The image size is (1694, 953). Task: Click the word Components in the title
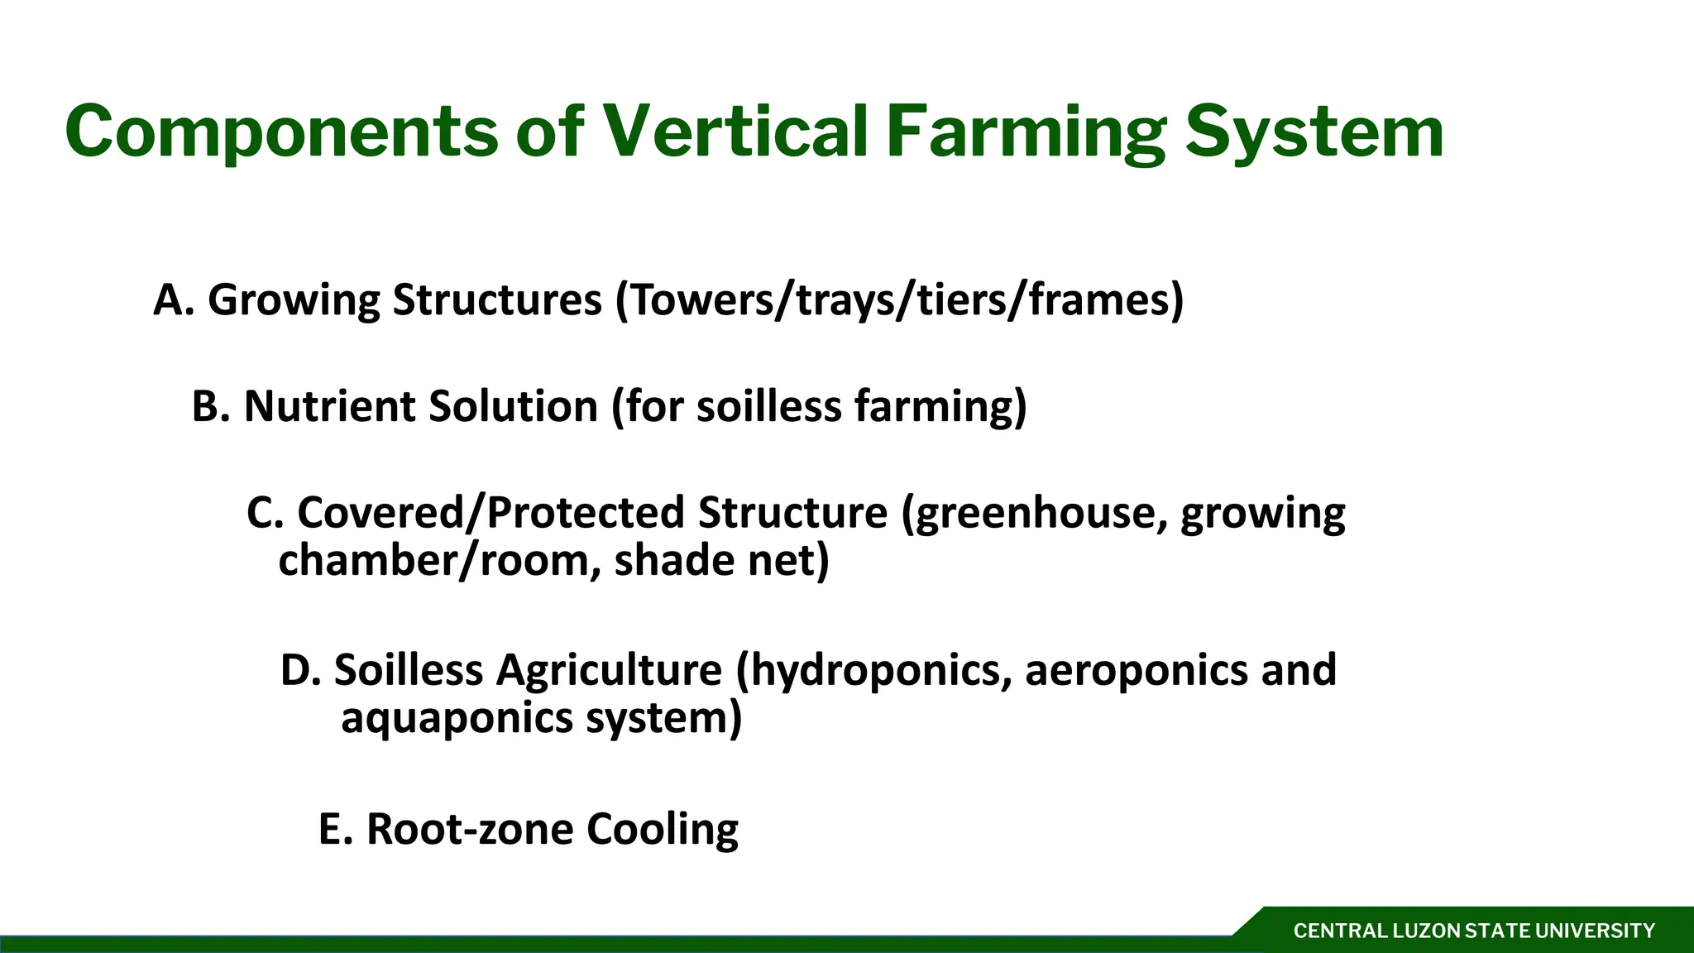pos(281,132)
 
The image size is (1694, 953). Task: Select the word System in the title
pos(1314,132)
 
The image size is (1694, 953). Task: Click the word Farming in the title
pos(1026,132)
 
